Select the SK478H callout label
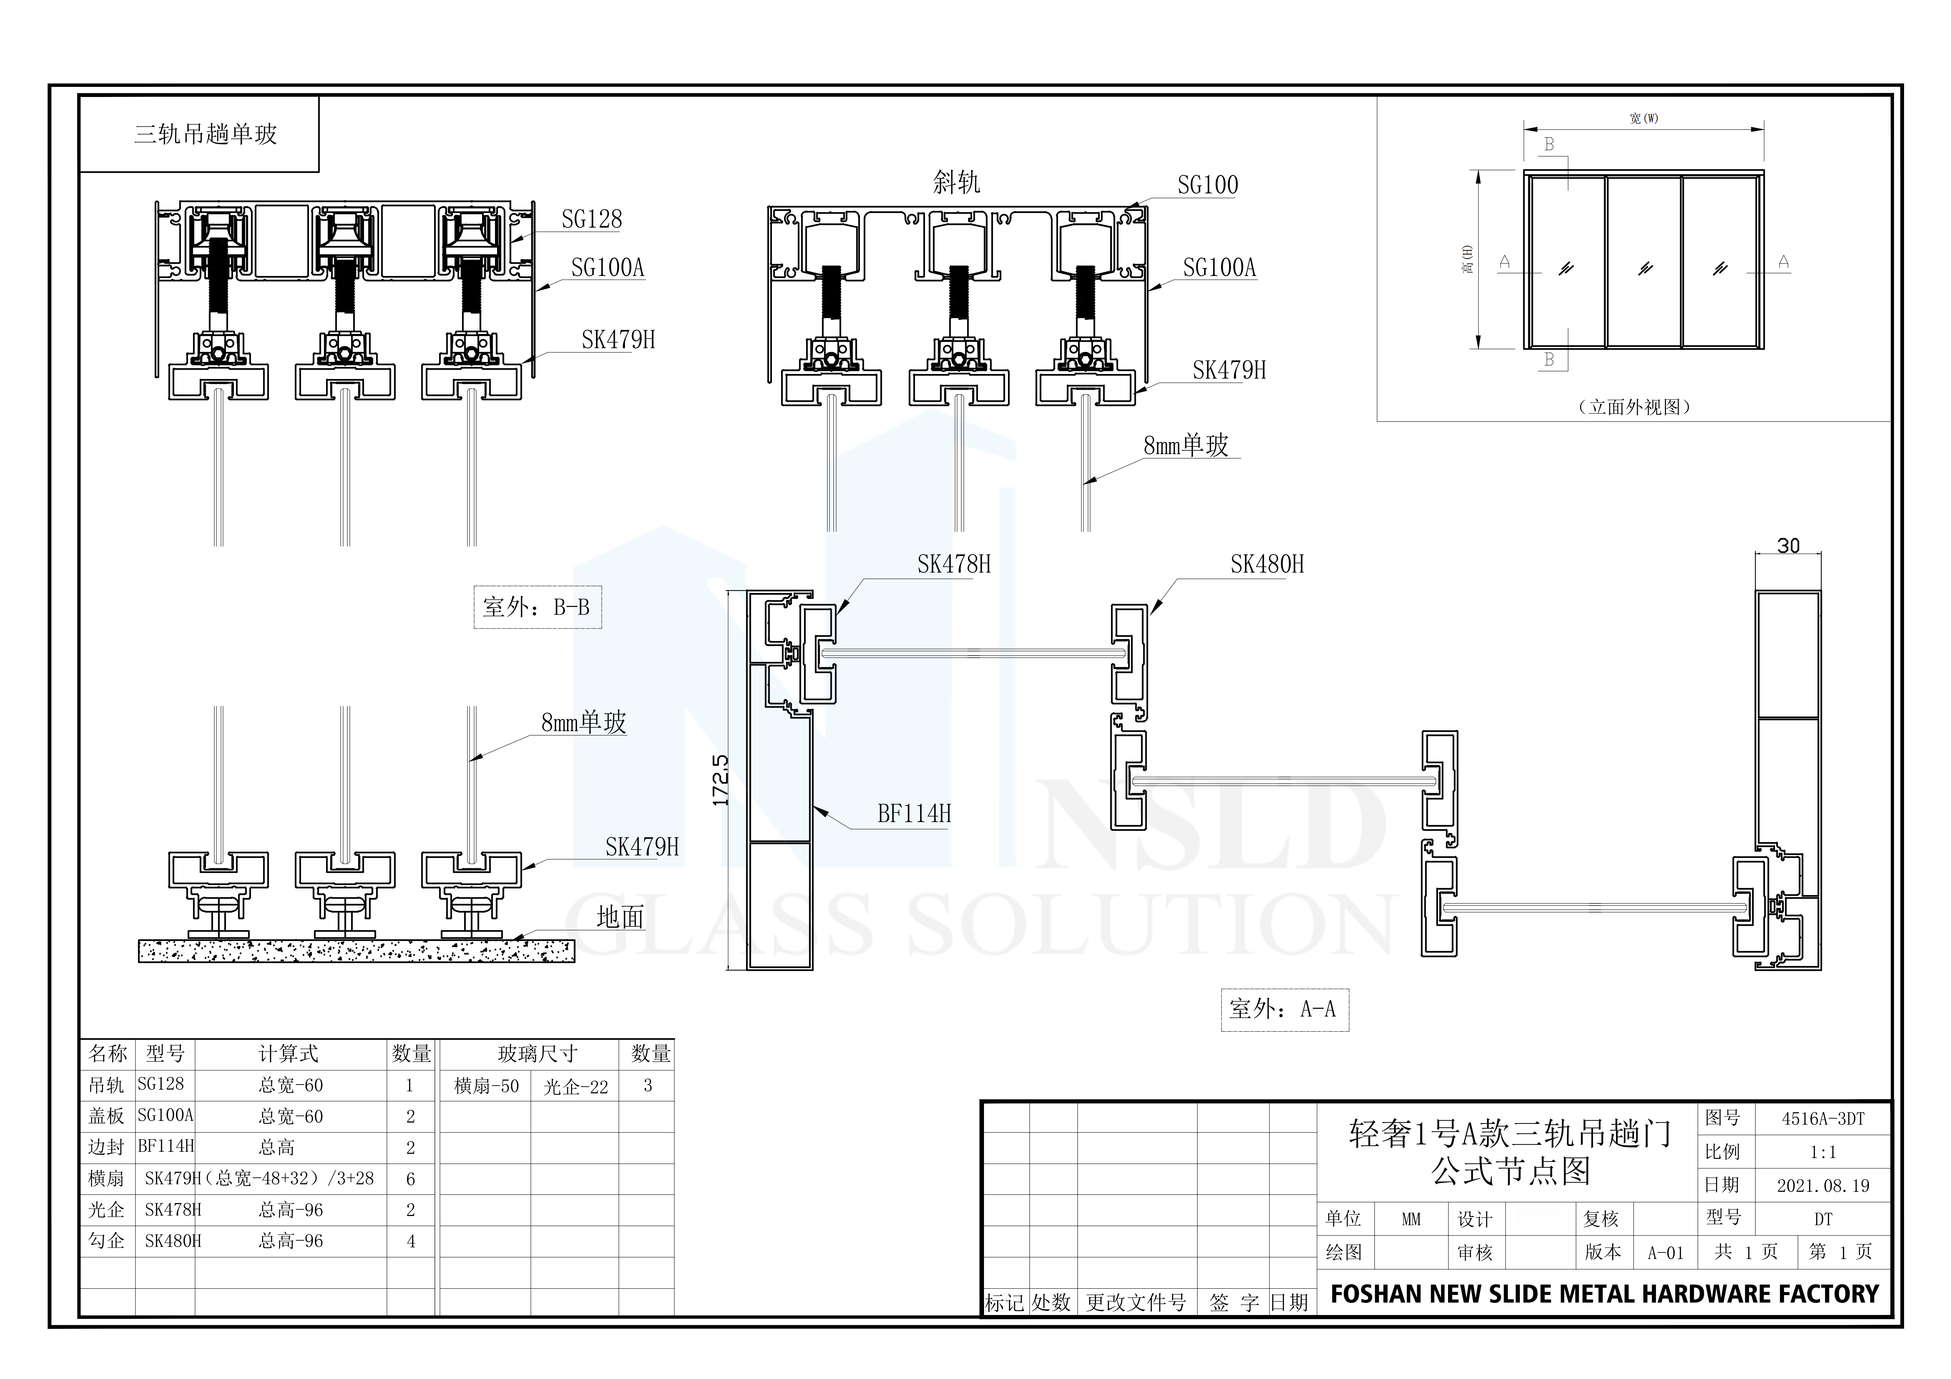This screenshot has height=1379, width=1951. pyautogui.click(x=953, y=564)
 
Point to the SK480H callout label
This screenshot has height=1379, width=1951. pyautogui.click(x=1267, y=564)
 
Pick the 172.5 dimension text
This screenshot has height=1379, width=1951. pyautogui.click(x=721, y=780)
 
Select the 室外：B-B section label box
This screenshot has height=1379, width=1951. pyautogui.click(x=537, y=607)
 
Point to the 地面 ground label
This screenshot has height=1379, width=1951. pyautogui.click(x=620, y=917)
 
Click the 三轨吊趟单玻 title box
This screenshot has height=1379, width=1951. pyautogui.click(x=200, y=134)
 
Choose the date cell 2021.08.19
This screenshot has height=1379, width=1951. pyautogui.click(x=1823, y=1185)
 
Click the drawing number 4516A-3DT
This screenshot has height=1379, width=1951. pyautogui.click(x=1823, y=1119)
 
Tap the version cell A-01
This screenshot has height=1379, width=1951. pyautogui.click(x=1666, y=1252)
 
